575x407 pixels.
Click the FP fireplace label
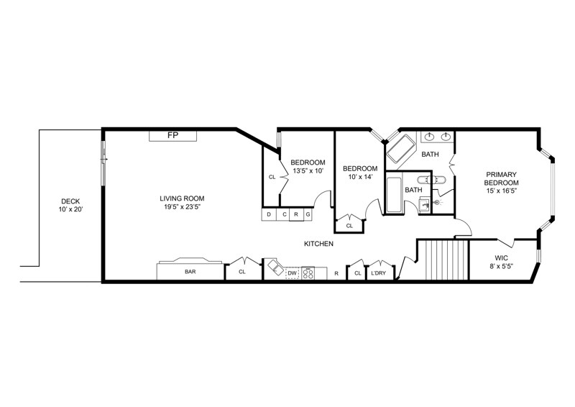[172, 135]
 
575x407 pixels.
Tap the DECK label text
[70, 201]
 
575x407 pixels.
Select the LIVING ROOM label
[183, 198]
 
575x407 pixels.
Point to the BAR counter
[190, 272]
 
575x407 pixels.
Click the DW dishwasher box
[292, 273]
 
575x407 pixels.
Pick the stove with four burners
[308, 273]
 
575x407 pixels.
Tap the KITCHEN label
[318, 244]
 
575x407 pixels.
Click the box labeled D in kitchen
[269, 214]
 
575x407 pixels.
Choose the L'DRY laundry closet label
[379, 273]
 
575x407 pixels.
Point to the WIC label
[501, 257]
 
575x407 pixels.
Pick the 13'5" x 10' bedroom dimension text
[308, 171]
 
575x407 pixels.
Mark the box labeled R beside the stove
[336, 273]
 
